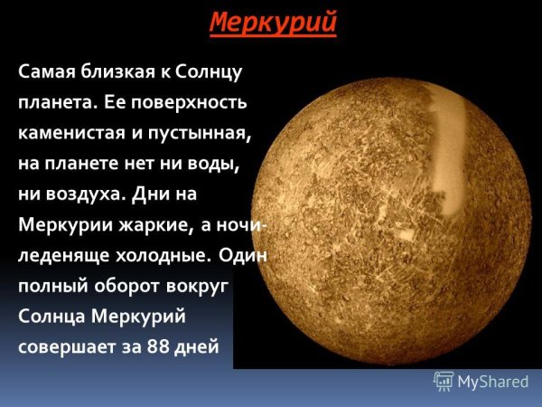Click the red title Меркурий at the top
click(273, 21)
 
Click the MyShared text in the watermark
click(492, 381)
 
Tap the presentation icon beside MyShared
click(444, 381)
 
